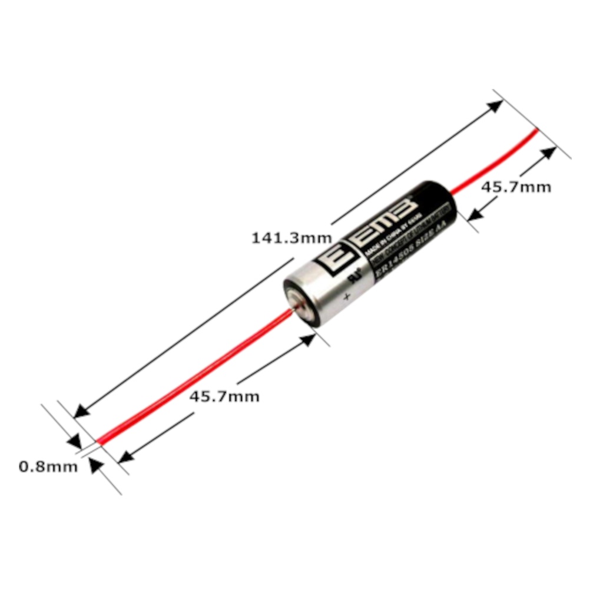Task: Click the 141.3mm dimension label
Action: pyautogui.click(x=291, y=238)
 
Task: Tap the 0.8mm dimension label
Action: pyautogui.click(x=48, y=467)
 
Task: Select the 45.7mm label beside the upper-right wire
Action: pyautogui.click(x=516, y=187)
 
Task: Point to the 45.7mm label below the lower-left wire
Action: pyautogui.click(x=224, y=396)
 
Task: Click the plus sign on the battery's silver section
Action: pyautogui.click(x=347, y=296)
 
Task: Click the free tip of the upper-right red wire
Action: pyautogui.click(x=536, y=131)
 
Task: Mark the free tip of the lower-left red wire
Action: pyautogui.click(x=99, y=441)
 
